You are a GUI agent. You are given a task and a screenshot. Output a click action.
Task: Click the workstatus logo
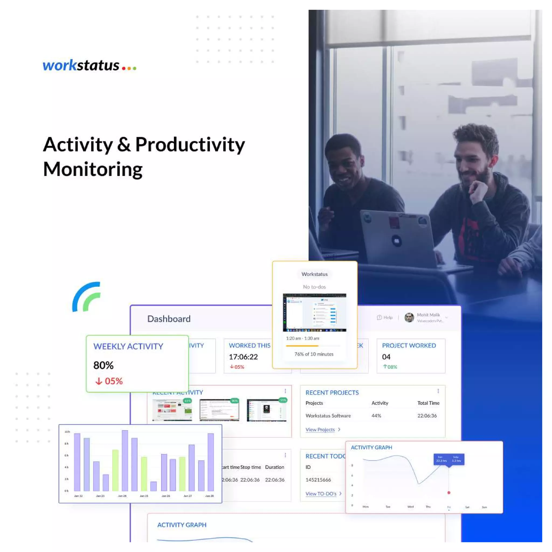[89, 66]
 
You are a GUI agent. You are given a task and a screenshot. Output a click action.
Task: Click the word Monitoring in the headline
[93, 170]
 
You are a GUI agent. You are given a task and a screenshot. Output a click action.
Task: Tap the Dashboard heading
[169, 319]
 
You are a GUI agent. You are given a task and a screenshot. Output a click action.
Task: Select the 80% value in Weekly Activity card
[103, 365]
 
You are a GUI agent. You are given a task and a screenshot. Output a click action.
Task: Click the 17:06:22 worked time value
[243, 357]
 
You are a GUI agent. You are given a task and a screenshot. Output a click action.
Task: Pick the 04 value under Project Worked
[386, 357]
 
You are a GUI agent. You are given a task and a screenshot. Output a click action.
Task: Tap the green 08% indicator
[390, 367]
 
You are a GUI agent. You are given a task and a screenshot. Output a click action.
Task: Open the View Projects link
[320, 430]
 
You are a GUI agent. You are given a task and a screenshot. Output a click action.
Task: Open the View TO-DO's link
[321, 494]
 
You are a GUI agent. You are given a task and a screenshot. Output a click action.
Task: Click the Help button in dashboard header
[385, 318]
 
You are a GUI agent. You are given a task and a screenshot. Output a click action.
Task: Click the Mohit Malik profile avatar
[409, 318]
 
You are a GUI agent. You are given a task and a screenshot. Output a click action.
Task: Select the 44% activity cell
[376, 416]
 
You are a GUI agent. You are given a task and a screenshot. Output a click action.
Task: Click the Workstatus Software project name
[328, 416]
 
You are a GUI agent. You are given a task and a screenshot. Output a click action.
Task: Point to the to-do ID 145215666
[318, 480]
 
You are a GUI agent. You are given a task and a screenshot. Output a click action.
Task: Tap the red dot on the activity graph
[449, 493]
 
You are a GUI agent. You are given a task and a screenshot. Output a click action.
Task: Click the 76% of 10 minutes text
[314, 354]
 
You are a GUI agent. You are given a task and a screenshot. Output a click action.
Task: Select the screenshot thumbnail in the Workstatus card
[315, 313]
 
